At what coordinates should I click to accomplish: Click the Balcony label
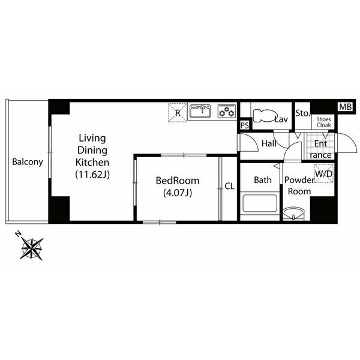[x=28, y=162]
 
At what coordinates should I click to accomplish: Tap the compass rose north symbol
[x=31, y=247]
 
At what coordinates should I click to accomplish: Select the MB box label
[x=346, y=107]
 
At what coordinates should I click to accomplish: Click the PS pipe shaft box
[x=245, y=125]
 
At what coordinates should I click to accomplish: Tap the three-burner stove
[x=227, y=112]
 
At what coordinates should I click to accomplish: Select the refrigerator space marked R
[x=178, y=113]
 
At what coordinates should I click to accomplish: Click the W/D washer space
[x=324, y=174]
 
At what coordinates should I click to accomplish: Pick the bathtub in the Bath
[x=260, y=203]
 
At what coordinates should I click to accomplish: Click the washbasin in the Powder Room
[x=293, y=214]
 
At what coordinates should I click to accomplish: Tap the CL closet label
[x=229, y=186]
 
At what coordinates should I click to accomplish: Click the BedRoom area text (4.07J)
[x=178, y=193]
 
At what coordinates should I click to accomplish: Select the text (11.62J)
[x=92, y=175]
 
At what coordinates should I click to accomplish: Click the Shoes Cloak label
[x=324, y=122]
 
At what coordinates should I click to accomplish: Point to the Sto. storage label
[x=303, y=113]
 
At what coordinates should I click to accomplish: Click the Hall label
[x=269, y=144]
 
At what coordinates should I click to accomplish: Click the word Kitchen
[x=92, y=163]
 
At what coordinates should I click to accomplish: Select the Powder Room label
[x=299, y=185]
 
